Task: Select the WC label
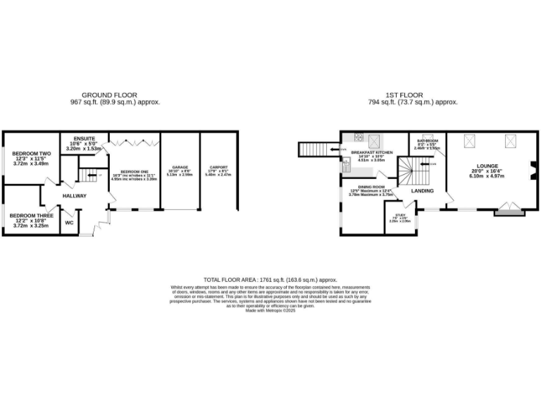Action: click(69, 223)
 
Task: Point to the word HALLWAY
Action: click(74, 195)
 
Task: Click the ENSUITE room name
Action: click(84, 138)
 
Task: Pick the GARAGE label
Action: click(181, 168)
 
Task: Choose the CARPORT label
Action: click(218, 168)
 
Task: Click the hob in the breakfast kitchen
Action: click(359, 137)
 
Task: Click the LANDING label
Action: click(423, 191)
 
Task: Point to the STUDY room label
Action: click(400, 215)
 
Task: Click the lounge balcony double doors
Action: click(509, 209)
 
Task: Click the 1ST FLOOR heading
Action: click(404, 94)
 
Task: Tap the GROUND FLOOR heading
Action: click(109, 94)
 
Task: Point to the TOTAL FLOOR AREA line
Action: click(270, 280)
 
